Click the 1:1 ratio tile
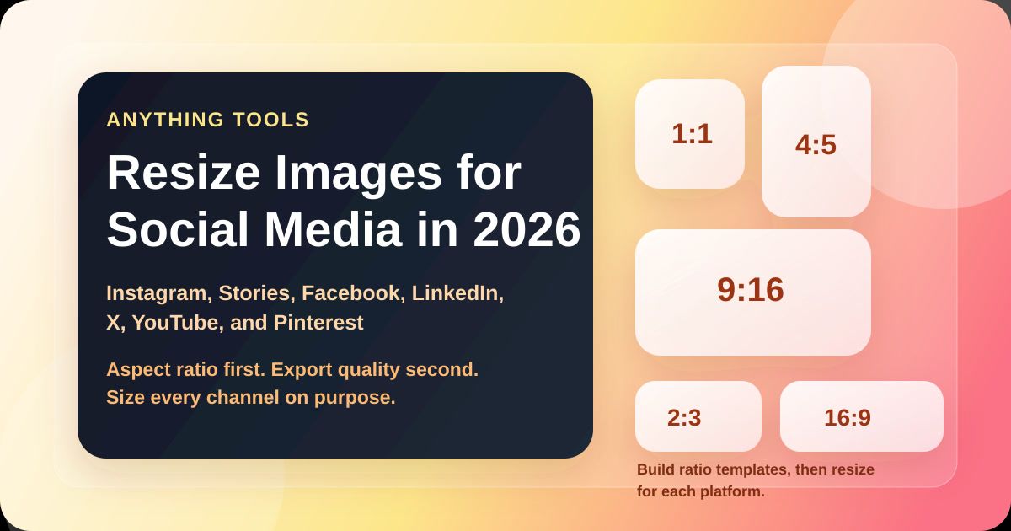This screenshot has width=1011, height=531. click(x=690, y=134)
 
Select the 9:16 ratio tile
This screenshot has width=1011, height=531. click(x=752, y=291)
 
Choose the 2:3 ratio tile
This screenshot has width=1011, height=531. click(x=698, y=417)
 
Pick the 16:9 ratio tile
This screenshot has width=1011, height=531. click(x=860, y=417)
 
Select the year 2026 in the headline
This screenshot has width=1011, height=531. click(x=527, y=229)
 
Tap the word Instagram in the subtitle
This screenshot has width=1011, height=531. click(x=157, y=293)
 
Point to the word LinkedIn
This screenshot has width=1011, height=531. click(x=457, y=293)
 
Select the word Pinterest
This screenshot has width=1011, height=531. click(x=318, y=323)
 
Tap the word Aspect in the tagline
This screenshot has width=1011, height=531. click(x=136, y=369)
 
